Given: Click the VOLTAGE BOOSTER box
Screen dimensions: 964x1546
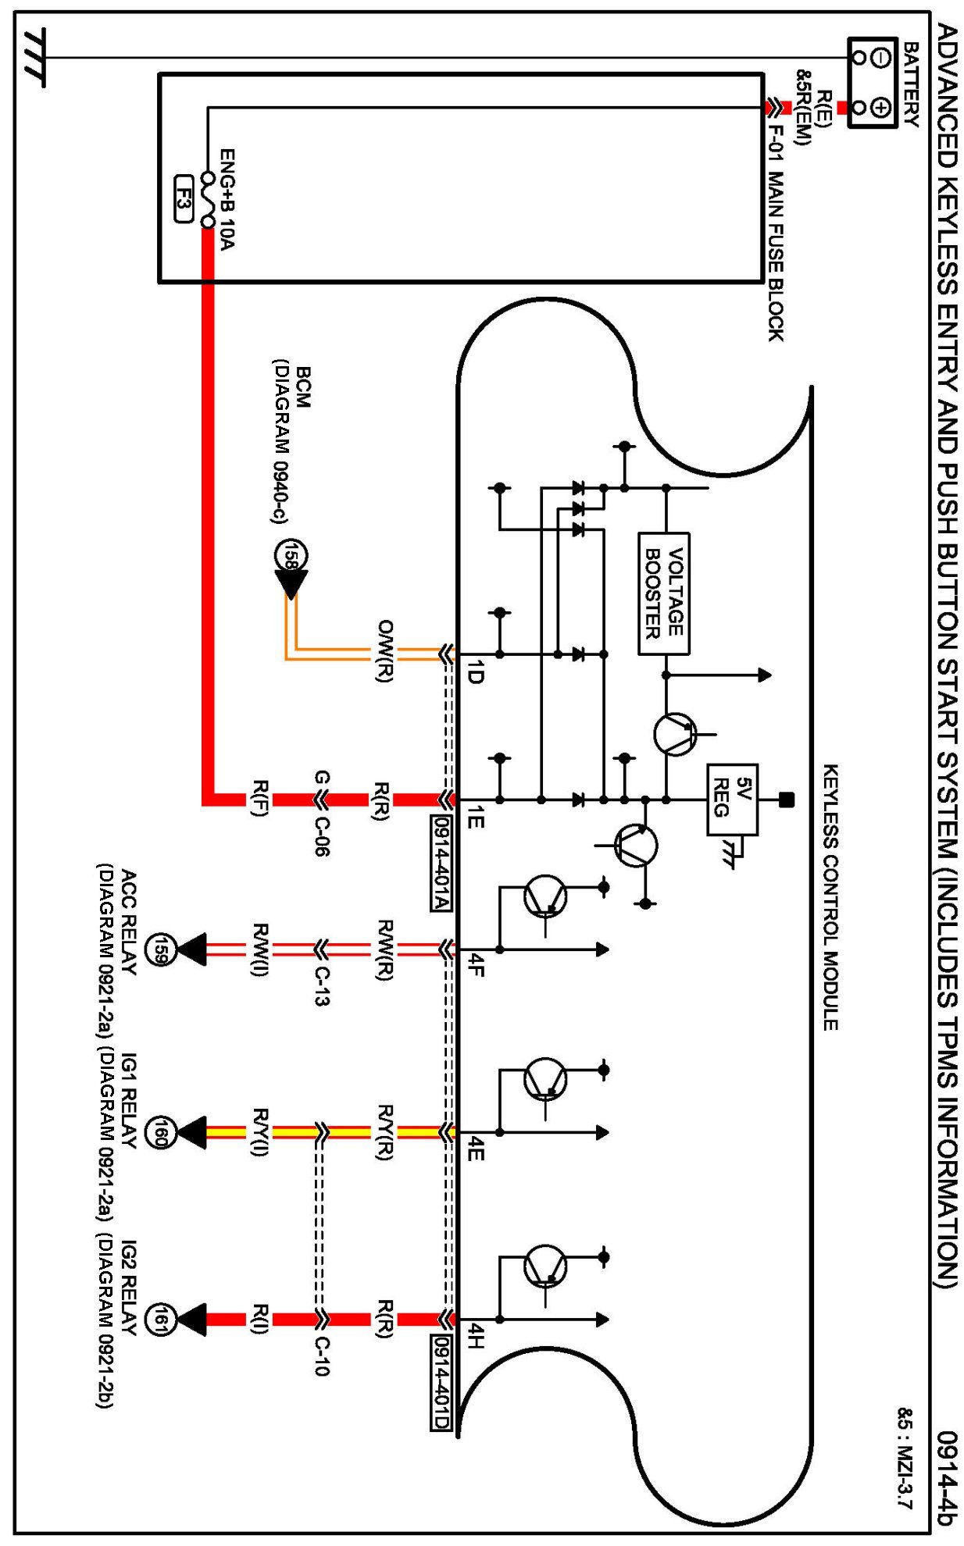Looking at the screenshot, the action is [x=664, y=593].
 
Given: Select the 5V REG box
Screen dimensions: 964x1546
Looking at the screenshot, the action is [x=732, y=800].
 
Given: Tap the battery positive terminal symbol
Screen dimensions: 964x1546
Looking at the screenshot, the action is [x=880, y=106].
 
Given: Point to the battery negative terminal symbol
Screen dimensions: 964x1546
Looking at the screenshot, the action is [x=880, y=57].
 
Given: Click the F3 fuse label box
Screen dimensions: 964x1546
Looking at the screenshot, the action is [x=183, y=199].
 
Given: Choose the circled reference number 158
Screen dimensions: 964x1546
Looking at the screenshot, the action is [x=291, y=556].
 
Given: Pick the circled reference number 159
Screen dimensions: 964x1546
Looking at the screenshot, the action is [x=161, y=949].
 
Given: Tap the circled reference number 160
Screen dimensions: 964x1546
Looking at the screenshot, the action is [x=161, y=1132].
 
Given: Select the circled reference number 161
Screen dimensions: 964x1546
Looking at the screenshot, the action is [x=161, y=1320].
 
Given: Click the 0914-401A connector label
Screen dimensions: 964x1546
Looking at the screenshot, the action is [x=441, y=864].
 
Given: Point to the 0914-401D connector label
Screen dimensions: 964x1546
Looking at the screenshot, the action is [x=441, y=1383].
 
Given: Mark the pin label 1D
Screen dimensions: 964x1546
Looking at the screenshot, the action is [x=474, y=672].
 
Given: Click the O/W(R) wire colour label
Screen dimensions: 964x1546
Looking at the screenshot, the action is [x=384, y=652].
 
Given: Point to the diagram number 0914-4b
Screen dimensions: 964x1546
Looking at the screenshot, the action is [x=946, y=1478].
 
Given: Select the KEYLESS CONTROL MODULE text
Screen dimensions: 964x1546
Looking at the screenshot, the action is [x=831, y=897].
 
